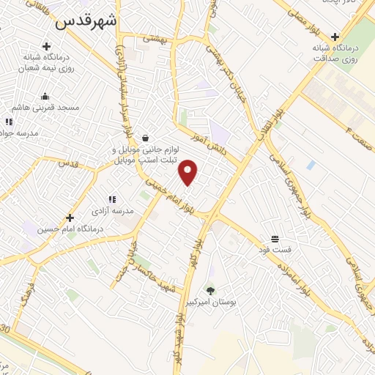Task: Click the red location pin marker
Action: click(x=188, y=172)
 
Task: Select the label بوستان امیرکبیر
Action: click(x=211, y=302)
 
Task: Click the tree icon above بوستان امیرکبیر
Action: click(x=211, y=292)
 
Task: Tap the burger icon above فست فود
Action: click(x=275, y=239)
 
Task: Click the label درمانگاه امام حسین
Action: click(x=70, y=229)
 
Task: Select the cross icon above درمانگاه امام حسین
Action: click(x=70, y=218)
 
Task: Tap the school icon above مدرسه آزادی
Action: click(x=112, y=199)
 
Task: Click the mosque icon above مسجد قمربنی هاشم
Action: click(x=45, y=96)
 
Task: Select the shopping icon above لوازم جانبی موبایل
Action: click(x=145, y=138)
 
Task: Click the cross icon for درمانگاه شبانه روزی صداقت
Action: click(x=335, y=37)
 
